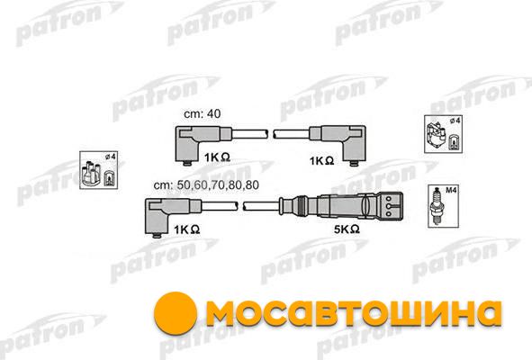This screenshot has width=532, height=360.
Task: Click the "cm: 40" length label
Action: (202, 114)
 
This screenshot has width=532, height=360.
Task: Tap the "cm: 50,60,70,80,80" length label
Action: (206, 185)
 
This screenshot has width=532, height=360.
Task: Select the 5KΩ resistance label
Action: (347, 229)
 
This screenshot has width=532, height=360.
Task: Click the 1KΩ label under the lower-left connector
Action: (186, 229)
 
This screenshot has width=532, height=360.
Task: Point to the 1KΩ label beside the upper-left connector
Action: (217, 157)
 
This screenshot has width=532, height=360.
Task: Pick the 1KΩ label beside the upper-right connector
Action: (321, 161)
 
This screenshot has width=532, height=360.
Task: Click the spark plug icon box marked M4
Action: (444, 206)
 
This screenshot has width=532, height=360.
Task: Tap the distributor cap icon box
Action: (98, 170)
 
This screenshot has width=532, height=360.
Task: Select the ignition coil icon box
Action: (443, 134)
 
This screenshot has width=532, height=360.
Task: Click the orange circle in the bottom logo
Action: (175, 313)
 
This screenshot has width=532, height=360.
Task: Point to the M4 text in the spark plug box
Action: (451, 191)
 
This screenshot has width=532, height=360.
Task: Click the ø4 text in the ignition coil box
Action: (455, 121)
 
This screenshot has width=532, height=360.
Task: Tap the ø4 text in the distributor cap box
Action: (110, 157)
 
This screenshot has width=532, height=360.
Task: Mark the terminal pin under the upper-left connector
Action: (187, 164)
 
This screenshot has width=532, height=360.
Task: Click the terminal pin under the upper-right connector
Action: (354, 164)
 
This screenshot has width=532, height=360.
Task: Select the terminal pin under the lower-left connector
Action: (157, 236)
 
